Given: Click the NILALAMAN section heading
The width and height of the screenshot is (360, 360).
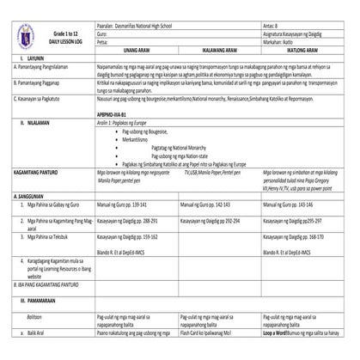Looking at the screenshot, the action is coord(35,124).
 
